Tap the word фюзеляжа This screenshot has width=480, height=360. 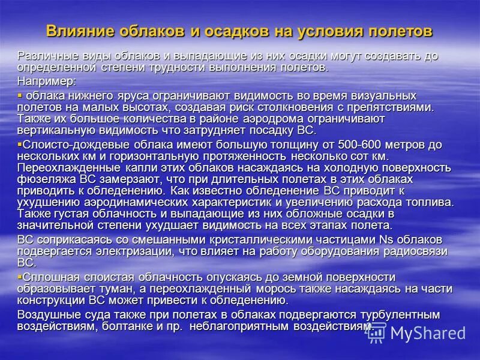(x=44, y=179)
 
